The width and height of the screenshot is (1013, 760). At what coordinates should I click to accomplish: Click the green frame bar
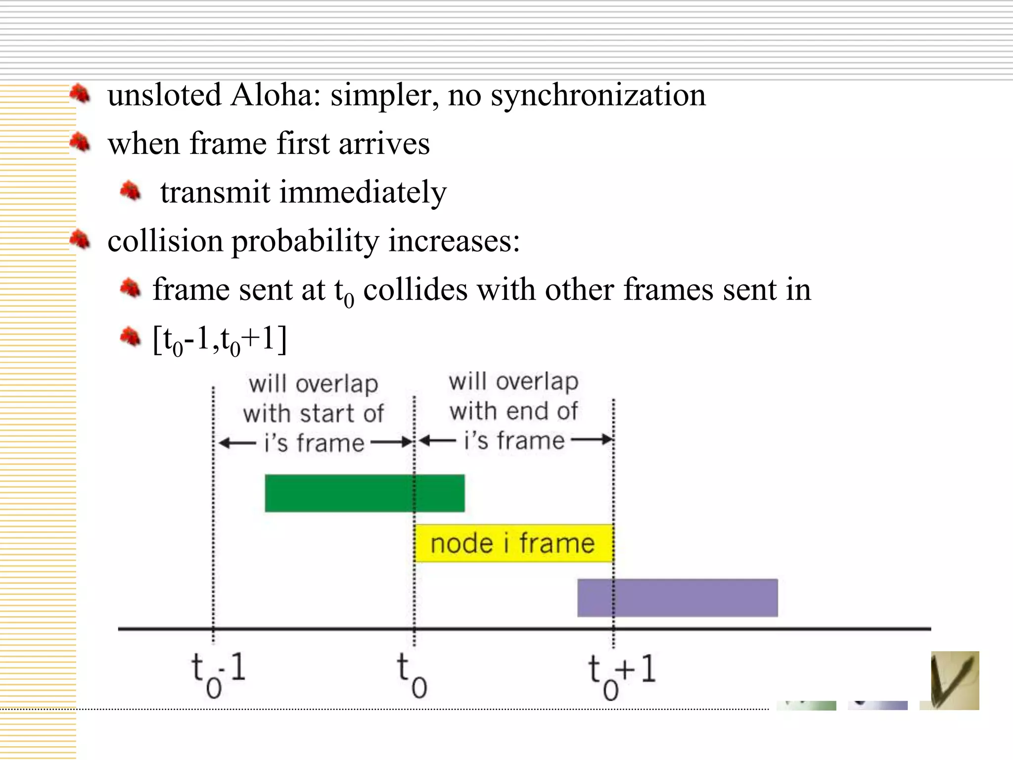click(365, 493)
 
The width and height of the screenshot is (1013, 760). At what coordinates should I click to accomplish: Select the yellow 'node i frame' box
click(513, 543)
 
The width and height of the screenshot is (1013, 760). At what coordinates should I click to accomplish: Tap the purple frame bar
click(677, 598)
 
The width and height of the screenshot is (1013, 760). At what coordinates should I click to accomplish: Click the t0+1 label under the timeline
click(621, 676)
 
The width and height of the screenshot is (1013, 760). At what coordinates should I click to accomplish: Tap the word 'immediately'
click(363, 192)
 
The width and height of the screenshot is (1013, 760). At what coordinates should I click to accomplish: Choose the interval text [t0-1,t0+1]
click(220, 339)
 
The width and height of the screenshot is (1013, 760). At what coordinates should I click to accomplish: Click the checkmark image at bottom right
click(954, 680)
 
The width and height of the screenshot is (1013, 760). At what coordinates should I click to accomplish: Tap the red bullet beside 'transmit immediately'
click(130, 191)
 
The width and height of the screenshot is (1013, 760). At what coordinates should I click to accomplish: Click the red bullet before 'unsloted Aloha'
click(79, 94)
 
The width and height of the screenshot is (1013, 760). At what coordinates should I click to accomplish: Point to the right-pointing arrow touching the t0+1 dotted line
click(592, 439)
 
